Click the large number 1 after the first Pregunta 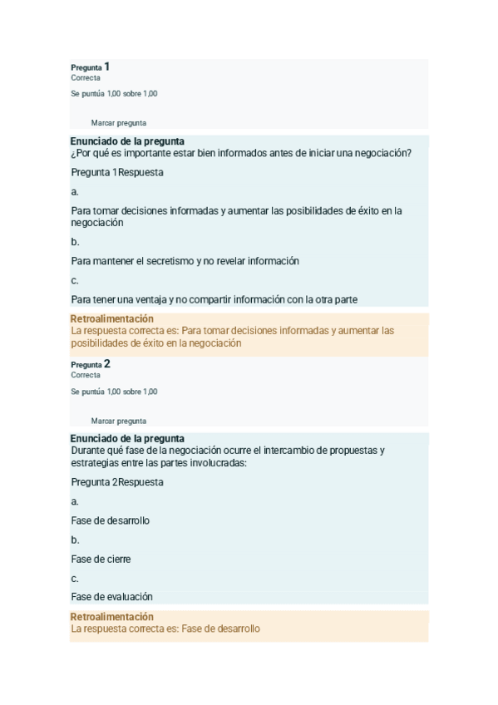coord(107,66)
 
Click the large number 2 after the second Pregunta coord(107,363)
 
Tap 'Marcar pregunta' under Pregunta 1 coord(118,123)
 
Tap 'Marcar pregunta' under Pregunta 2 coord(118,421)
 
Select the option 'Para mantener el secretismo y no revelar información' coord(185,261)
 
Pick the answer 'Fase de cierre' coord(101,560)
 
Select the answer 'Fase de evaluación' coord(111,597)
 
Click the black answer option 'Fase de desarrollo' coord(110,521)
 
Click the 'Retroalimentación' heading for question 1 coord(112,318)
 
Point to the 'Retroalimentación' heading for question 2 coord(112,617)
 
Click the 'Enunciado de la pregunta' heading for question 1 coord(126,141)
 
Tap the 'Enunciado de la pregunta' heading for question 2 coord(126,439)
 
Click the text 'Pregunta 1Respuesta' coord(117,172)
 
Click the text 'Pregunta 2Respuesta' coord(117,482)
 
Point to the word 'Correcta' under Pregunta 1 coord(86,77)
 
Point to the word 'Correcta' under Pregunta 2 coord(86,375)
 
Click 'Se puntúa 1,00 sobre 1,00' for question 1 coord(114,94)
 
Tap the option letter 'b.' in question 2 coord(75,540)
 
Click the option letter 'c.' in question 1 coord(75,280)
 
